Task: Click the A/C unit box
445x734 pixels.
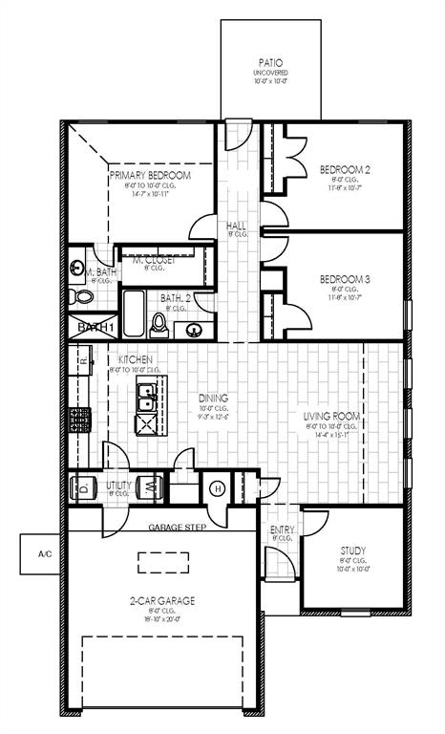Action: coord(43,554)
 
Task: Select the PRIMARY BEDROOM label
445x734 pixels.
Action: coord(150,176)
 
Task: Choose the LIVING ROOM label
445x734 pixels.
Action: coord(331,416)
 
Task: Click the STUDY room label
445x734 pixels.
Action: coord(354,550)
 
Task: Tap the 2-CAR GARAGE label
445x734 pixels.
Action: coord(162,600)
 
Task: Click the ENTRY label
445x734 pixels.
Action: coord(283,529)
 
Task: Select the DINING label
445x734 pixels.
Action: coord(213,398)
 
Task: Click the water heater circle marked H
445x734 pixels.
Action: coord(217,487)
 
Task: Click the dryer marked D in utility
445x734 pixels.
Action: coord(84,486)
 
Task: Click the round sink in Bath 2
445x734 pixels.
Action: coord(196,330)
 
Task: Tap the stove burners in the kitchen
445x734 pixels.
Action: coord(77,419)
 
